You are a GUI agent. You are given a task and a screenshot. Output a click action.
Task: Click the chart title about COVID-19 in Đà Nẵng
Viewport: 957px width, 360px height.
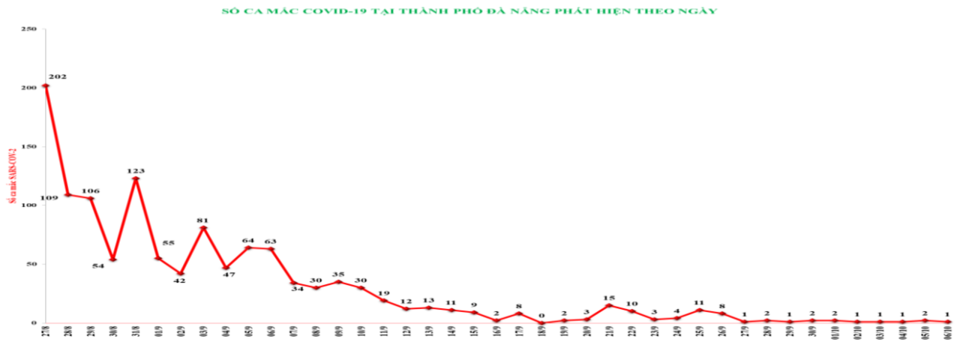point(469,11)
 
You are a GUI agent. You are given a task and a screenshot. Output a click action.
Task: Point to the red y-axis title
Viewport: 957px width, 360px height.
point(12,176)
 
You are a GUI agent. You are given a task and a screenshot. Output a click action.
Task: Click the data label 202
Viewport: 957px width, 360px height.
point(58,76)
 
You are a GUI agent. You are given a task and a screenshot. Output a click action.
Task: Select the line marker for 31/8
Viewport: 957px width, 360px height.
point(136,178)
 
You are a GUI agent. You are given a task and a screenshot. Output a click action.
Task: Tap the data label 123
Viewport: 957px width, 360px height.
point(136,169)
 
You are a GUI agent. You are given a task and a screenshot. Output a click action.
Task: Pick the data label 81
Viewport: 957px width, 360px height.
point(203,220)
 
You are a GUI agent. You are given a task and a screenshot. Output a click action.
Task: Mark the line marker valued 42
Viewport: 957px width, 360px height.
point(181,274)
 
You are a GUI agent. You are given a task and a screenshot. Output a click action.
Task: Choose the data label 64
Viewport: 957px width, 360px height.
point(248,241)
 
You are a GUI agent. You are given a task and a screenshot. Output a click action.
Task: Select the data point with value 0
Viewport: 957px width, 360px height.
point(541,323)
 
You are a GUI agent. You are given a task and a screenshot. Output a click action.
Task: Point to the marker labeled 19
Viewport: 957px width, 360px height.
point(383,301)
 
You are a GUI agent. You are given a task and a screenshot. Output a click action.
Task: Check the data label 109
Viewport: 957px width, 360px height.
point(49,198)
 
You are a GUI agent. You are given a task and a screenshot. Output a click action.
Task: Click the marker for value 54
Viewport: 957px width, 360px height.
point(113,259)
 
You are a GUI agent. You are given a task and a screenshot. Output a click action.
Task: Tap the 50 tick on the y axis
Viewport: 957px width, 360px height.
point(31,264)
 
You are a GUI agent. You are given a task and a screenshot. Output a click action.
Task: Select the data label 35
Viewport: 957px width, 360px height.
point(338,274)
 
